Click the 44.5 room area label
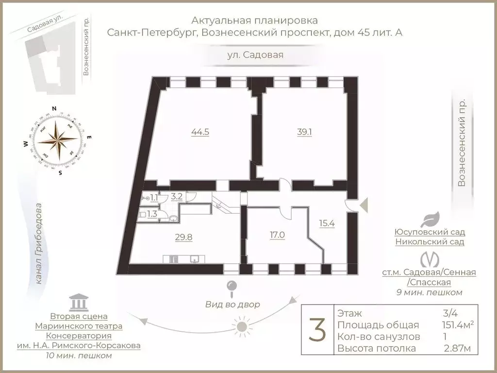pos(200,132)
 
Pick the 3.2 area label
pos(177,197)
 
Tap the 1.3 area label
pos(152,214)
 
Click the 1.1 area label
pos(154,198)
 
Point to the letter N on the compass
pos(55,108)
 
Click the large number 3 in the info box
pos(317,330)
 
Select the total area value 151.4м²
pos(446,325)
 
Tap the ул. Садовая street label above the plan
pos(255,55)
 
